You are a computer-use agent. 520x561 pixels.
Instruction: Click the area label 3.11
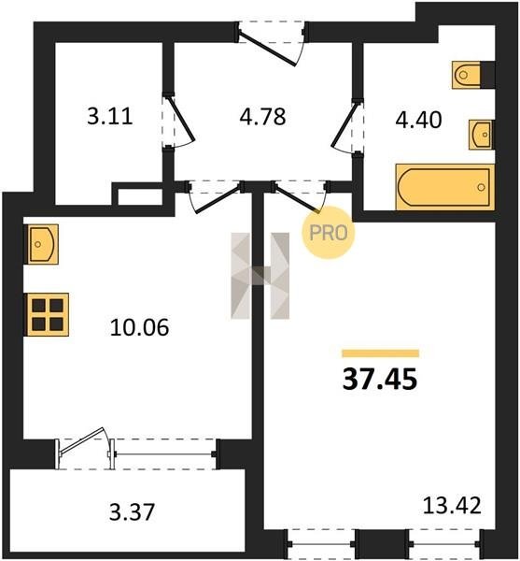point(110,116)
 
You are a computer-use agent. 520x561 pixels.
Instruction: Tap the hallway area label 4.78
point(262,116)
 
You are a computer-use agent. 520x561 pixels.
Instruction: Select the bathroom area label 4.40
point(418,120)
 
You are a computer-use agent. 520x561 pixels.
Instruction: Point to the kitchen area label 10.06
point(139,327)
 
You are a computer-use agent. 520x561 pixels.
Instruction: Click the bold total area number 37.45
point(380,379)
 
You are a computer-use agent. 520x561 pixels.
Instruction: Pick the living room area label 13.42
point(452,505)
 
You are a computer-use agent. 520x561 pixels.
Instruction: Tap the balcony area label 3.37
point(133,511)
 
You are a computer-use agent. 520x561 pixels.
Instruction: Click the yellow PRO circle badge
point(329,233)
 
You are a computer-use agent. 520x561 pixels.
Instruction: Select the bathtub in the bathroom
point(445,187)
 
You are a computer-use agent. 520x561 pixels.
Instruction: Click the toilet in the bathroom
point(467,75)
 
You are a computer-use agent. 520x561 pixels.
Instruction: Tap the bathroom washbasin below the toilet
point(481,135)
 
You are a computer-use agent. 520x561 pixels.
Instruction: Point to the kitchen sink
point(43,244)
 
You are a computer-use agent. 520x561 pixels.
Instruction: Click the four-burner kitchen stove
point(48,315)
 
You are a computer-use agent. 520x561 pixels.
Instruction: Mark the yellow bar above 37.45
point(380,353)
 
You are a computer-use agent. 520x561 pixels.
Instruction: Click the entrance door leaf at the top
point(268,50)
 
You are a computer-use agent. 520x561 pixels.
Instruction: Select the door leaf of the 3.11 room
point(180,118)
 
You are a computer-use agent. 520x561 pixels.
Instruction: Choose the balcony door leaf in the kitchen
point(82,441)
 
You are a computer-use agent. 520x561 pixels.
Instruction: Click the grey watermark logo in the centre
point(260,276)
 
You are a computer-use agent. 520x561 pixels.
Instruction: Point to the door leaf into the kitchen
point(218,198)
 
